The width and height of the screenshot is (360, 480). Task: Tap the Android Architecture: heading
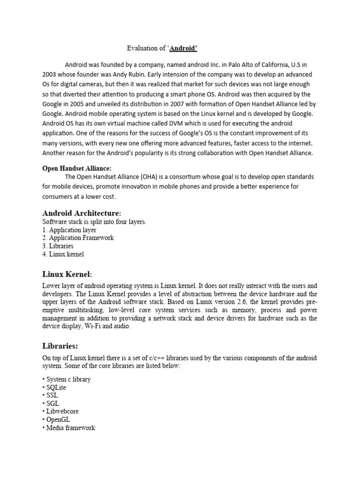(x=84, y=213)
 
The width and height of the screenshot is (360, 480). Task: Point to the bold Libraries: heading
(x=60, y=346)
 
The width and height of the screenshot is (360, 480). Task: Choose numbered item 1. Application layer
(x=69, y=230)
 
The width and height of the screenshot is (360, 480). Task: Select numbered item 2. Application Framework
(x=78, y=238)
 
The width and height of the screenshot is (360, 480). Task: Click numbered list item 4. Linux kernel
(x=63, y=255)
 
